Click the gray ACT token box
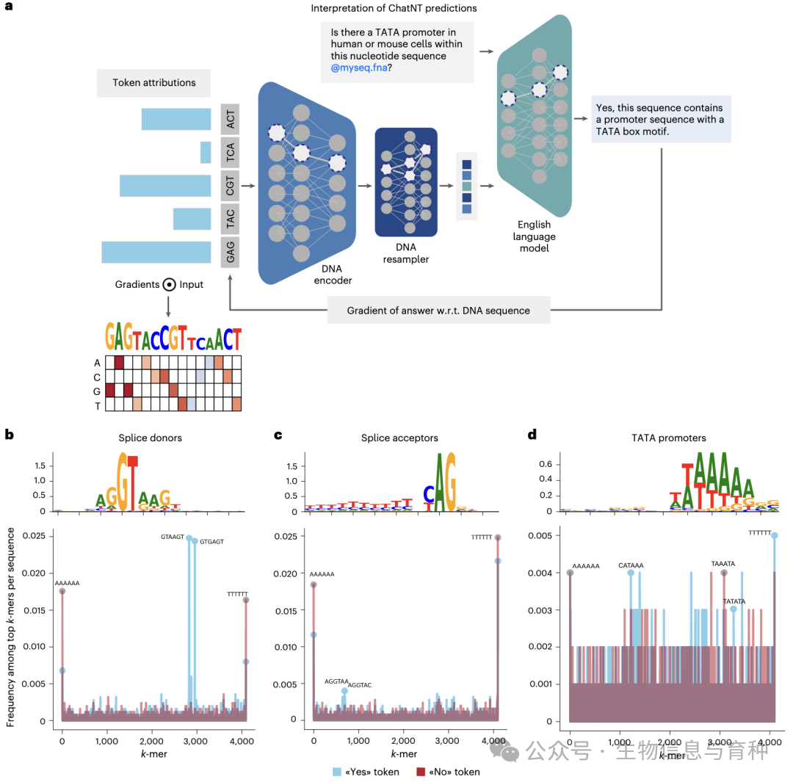pyautogui.click(x=231, y=118)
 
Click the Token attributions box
pyautogui.click(x=153, y=83)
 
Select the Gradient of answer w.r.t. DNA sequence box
pyautogui.click(x=438, y=310)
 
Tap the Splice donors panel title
pyautogui.click(x=150, y=438)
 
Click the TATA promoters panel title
pyautogui.click(x=669, y=438)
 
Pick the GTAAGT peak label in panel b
pyautogui.click(x=175, y=537)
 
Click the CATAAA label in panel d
pyautogui.click(x=631, y=565)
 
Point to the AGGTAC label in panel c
pyautogui.click(x=359, y=685)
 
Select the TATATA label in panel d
pyautogui.click(x=734, y=601)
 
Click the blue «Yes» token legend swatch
pyautogui.click(x=337, y=771)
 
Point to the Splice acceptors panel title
pyautogui.click(x=399, y=438)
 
